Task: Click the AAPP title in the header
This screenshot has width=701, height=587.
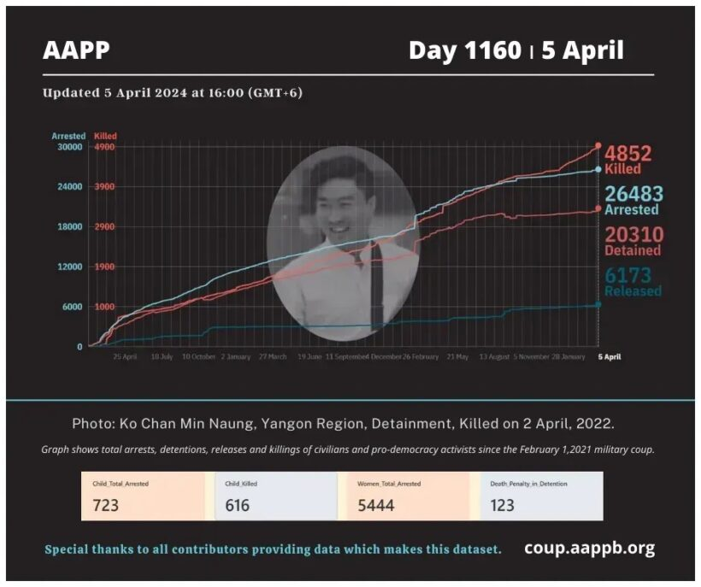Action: [x=76, y=50]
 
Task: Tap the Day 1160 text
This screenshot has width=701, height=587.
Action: [x=464, y=50]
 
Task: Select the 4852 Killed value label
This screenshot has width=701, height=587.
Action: [x=628, y=159]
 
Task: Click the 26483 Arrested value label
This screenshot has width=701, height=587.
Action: [x=633, y=200]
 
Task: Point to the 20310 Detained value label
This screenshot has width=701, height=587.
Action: [x=633, y=241]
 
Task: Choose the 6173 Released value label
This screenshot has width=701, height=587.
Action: [x=633, y=282]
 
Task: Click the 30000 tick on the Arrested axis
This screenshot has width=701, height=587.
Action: [x=69, y=147]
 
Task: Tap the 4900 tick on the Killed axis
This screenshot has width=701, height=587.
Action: [x=104, y=147]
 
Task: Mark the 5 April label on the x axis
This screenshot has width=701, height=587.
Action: [x=608, y=356]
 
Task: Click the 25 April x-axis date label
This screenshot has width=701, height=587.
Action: [x=126, y=356]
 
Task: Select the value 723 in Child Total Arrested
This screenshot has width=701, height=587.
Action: [x=106, y=505]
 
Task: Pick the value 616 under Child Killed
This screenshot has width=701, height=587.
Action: [x=237, y=505]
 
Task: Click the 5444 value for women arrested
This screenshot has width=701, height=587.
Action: [x=377, y=505]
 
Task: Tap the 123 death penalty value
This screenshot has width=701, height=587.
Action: [x=503, y=505]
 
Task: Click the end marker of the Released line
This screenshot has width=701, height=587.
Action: [x=598, y=304]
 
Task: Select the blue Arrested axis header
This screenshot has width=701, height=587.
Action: [x=68, y=136]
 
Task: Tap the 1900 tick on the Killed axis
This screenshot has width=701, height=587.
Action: [x=104, y=267]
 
